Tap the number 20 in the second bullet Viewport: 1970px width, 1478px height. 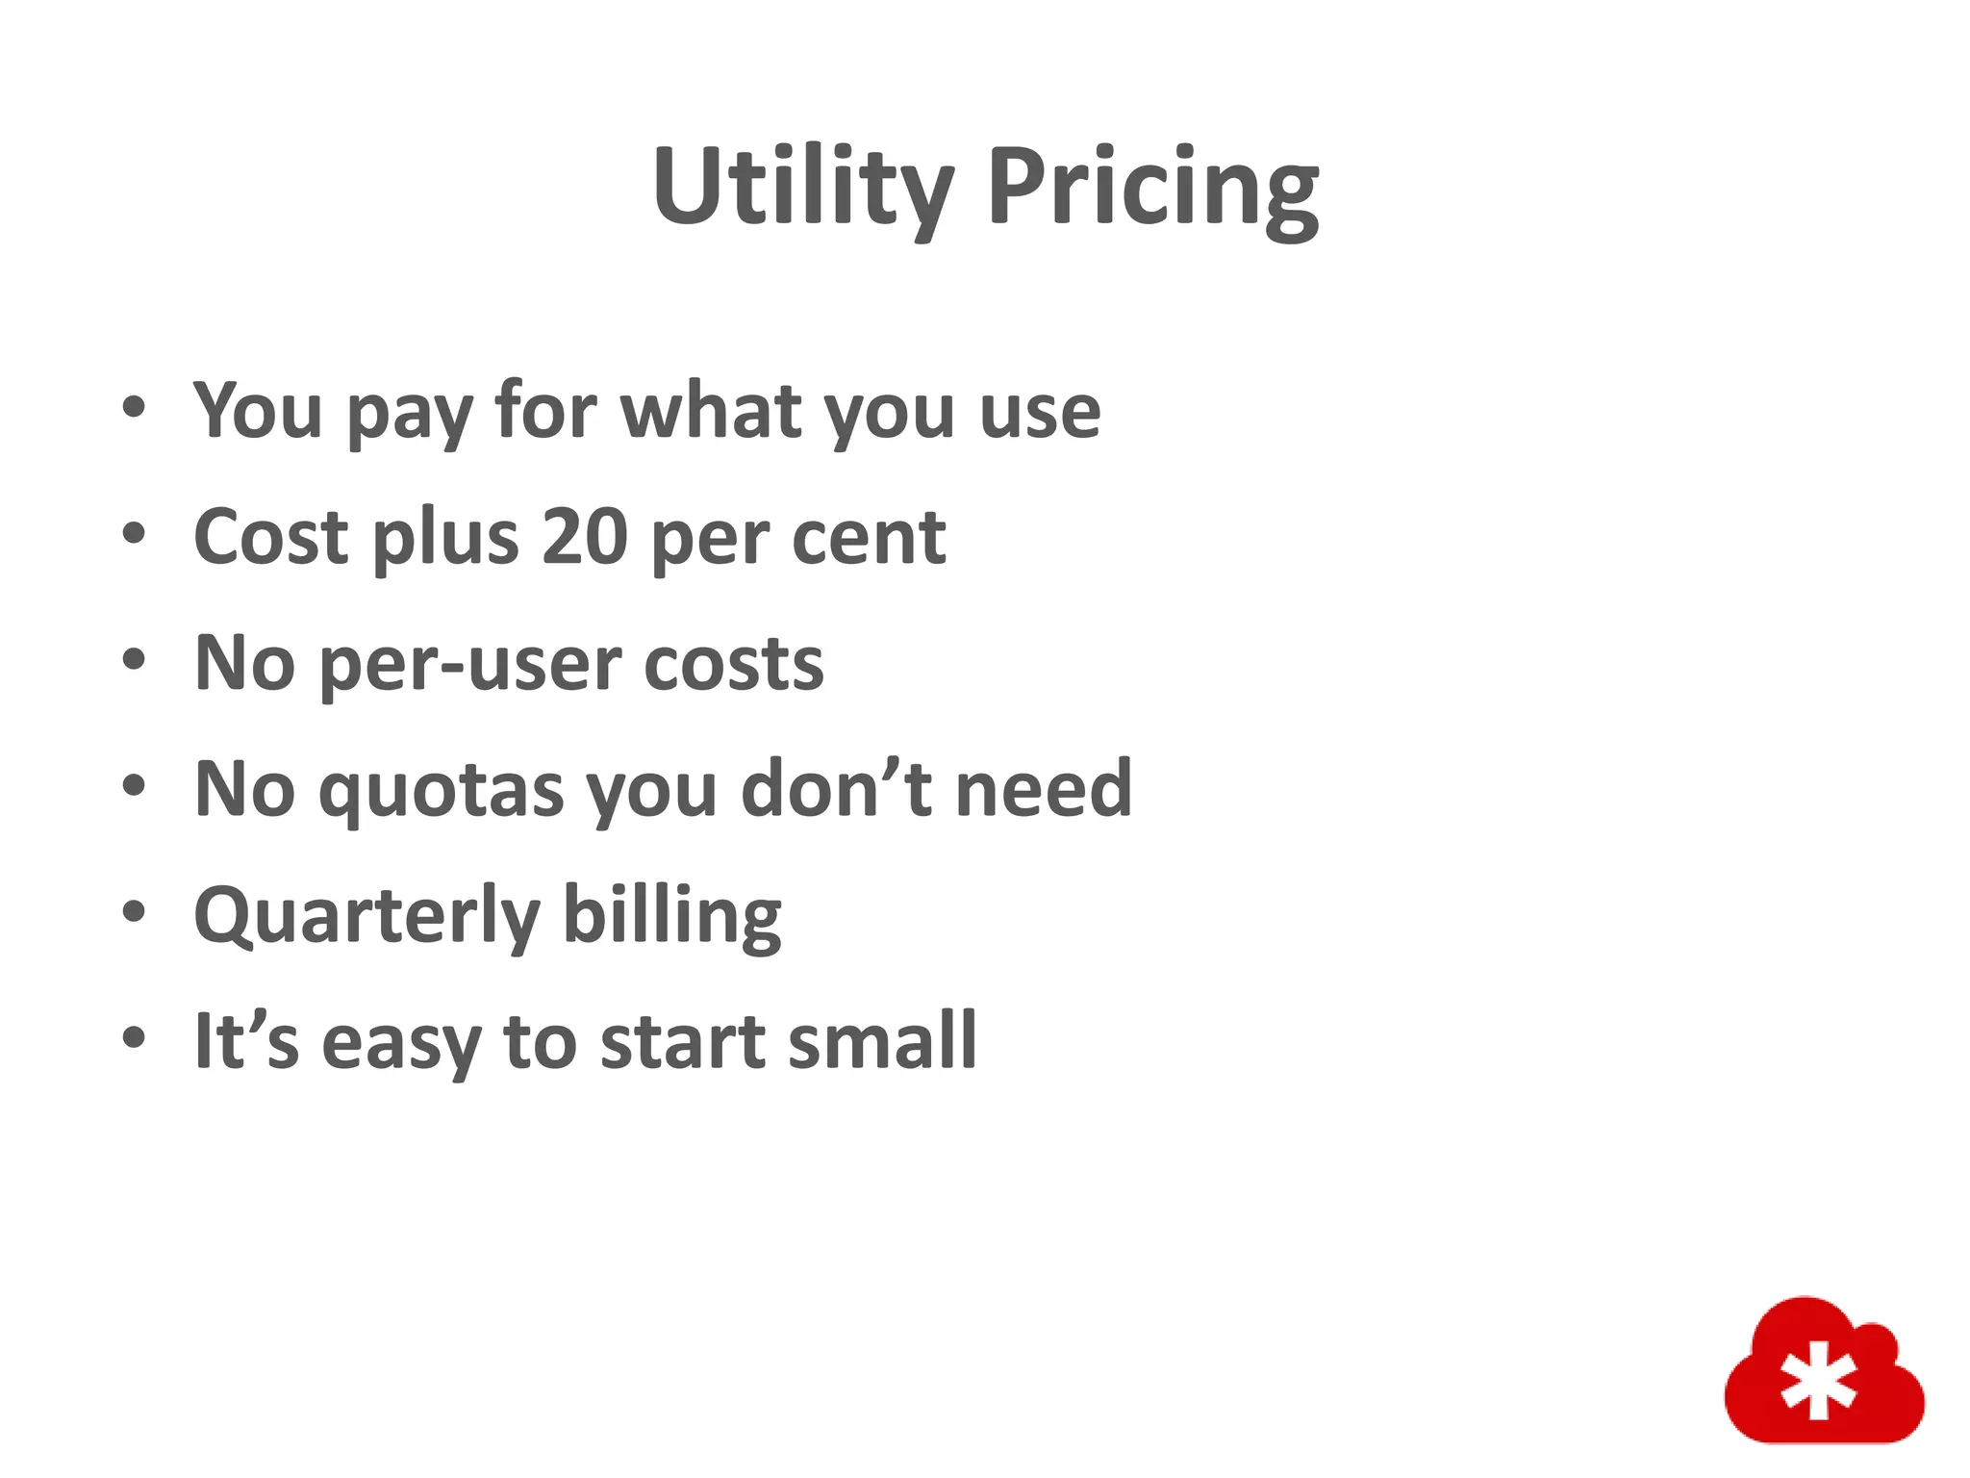[x=585, y=536]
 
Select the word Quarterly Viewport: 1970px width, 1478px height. [x=366, y=915]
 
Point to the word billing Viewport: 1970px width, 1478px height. [x=671, y=915]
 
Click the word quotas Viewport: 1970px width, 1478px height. [x=442, y=789]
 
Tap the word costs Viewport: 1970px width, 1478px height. [x=734, y=663]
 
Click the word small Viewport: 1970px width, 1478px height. [x=882, y=1041]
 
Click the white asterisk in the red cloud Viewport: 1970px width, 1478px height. [x=1817, y=1385]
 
